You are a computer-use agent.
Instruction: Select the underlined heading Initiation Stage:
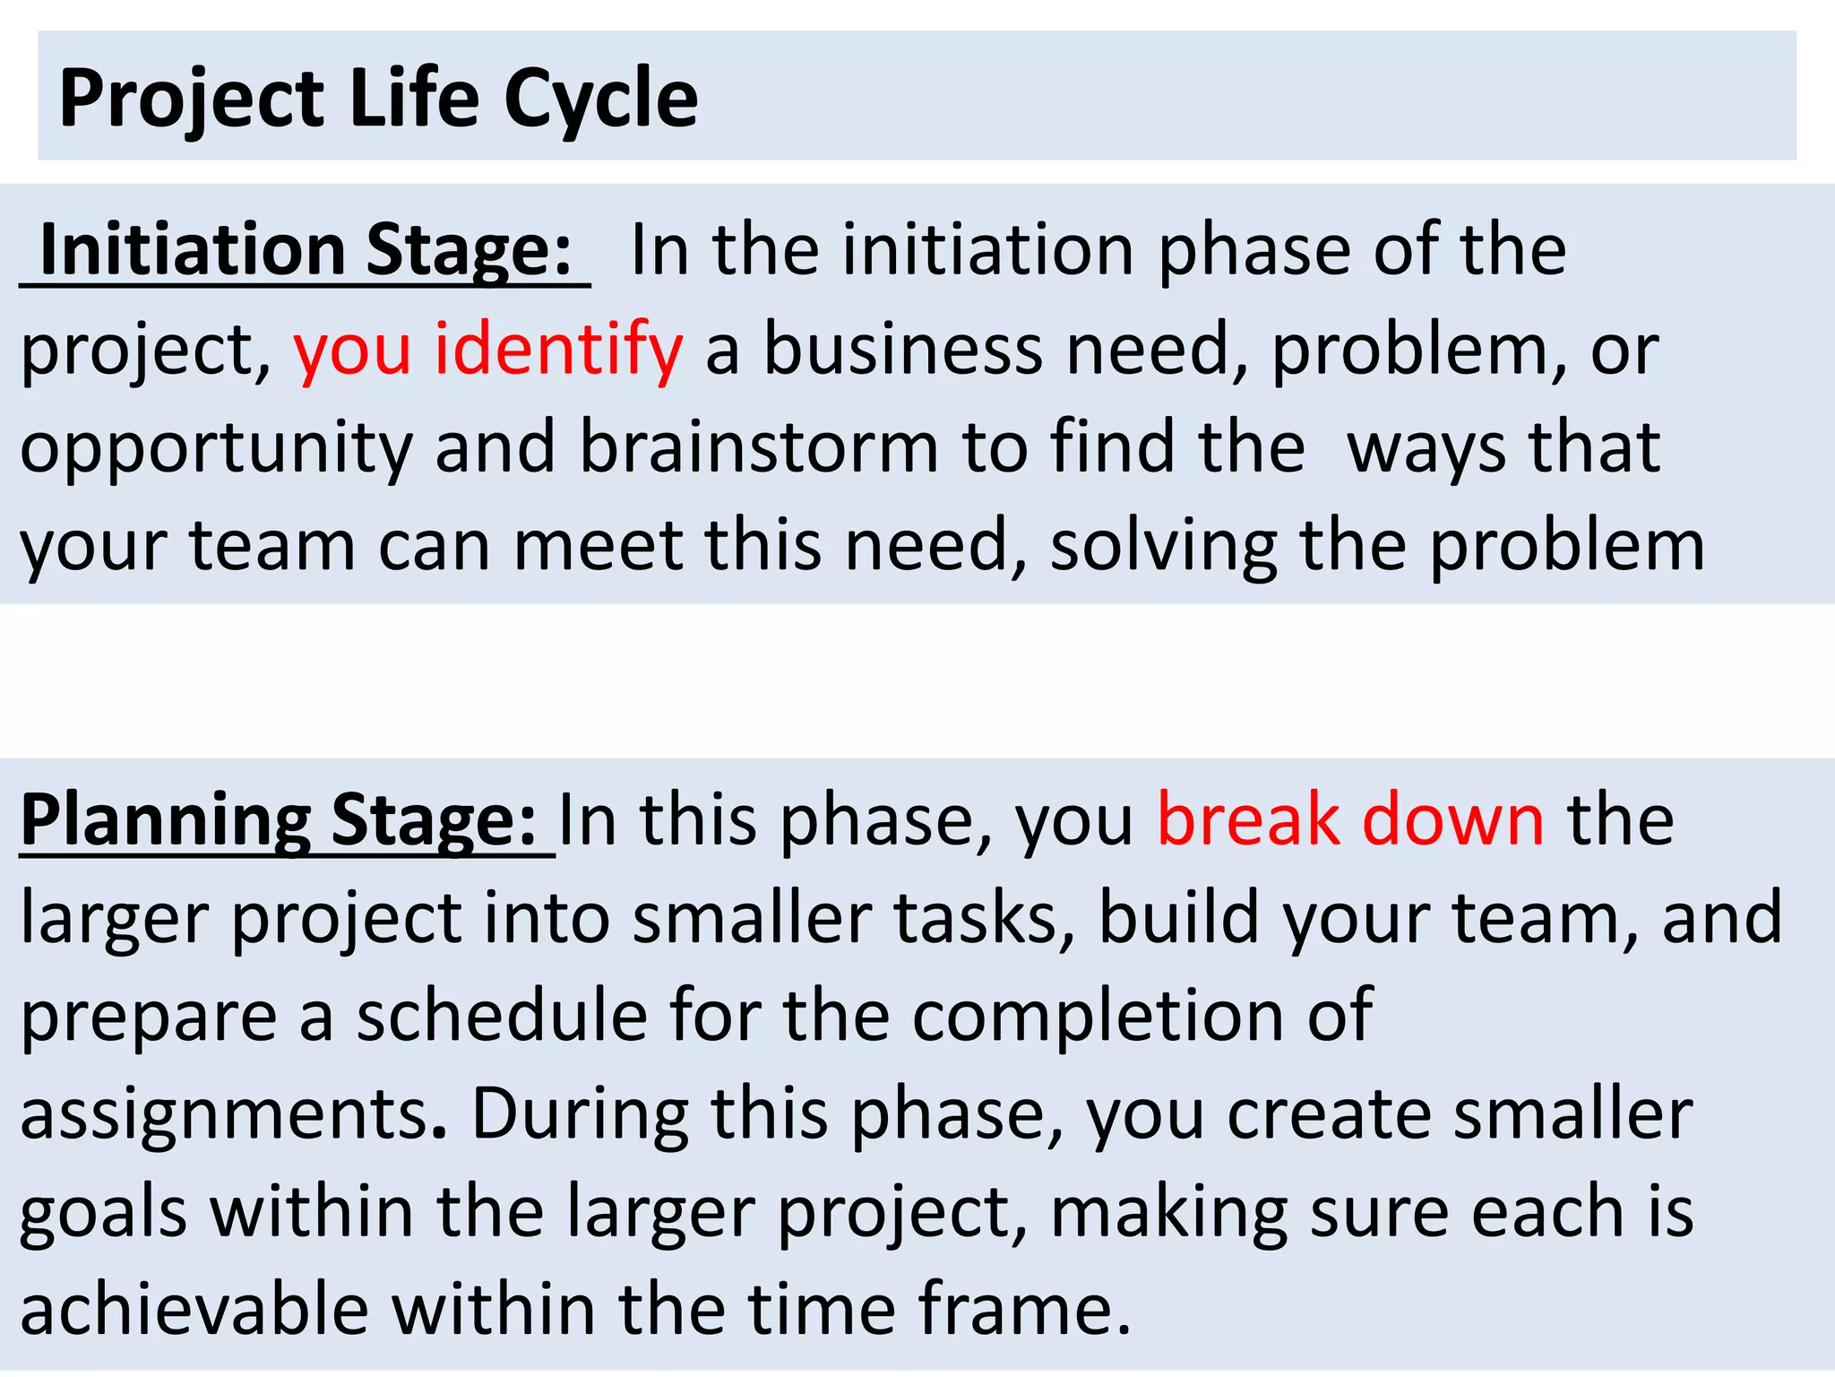click(x=306, y=250)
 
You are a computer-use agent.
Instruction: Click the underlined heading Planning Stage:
click(x=279, y=820)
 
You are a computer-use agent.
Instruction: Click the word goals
click(x=104, y=1215)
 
